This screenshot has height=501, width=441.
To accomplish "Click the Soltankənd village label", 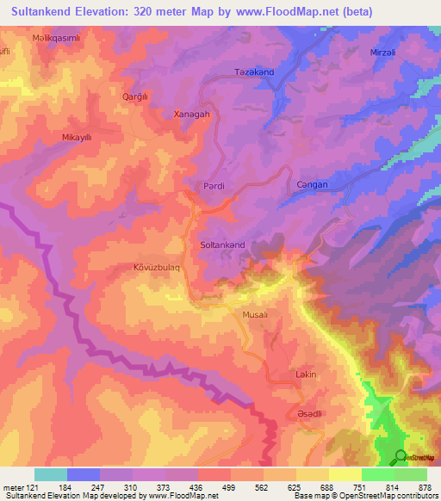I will tap(222, 245).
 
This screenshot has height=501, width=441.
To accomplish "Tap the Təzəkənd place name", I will tap(253, 72).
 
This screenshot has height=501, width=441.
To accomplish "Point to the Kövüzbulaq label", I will tap(157, 268).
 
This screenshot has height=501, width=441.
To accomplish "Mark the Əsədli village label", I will tap(309, 414).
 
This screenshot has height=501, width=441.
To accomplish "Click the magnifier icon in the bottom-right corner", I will tap(400, 456).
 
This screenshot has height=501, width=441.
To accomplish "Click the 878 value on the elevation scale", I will tap(423, 487).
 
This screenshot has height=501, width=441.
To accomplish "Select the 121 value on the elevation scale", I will tap(31, 487).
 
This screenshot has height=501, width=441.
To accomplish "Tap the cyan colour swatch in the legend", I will tap(51, 474).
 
